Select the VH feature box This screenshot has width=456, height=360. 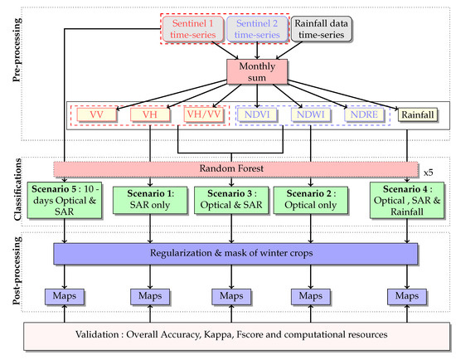tap(150, 115)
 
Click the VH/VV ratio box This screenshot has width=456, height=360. tap(204, 115)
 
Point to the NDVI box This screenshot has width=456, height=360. tap(259, 115)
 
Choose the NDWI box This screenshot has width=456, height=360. tap(311, 115)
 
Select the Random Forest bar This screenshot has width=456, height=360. tap(233, 168)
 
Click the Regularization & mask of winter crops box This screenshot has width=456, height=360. tap(234, 252)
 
